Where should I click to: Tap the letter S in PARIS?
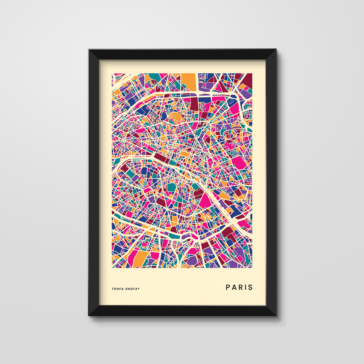click(250, 287)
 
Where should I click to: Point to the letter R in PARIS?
click(240, 287)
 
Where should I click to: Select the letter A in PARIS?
click(234, 287)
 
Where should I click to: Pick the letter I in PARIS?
click(245, 287)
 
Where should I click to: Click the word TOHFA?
click(117, 289)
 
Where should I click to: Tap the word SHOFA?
click(131, 289)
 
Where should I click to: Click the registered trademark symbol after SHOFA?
click(139, 288)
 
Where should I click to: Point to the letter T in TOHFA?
click(113, 289)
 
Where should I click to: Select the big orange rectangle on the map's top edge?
click(189, 81)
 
